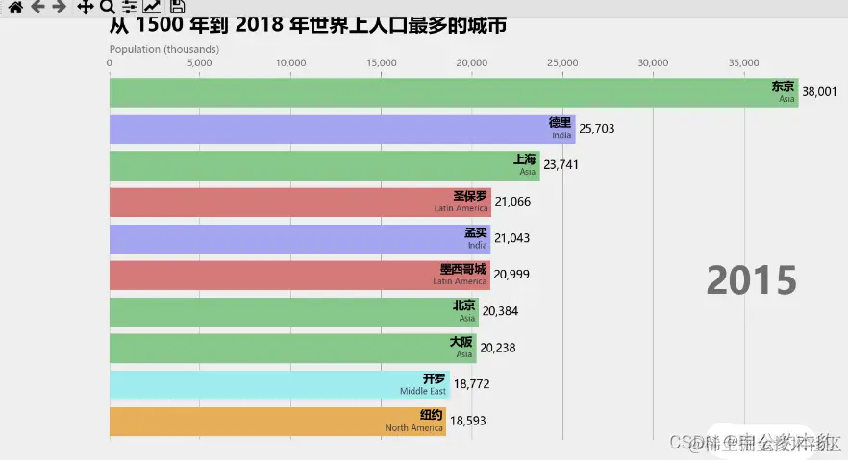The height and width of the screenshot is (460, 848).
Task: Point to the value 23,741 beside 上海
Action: click(x=561, y=165)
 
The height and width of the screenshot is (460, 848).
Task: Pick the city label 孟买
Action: click(x=476, y=233)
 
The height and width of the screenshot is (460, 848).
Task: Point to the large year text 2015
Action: click(x=751, y=280)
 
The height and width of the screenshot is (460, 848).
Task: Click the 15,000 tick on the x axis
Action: click(x=382, y=63)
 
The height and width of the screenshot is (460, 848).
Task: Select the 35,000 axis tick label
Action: click(x=744, y=63)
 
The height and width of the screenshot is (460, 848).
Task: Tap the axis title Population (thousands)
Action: click(x=163, y=49)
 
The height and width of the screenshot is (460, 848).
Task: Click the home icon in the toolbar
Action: click(x=15, y=7)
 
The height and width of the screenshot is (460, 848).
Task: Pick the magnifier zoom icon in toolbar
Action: click(x=107, y=7)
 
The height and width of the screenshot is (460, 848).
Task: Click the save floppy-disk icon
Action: click(x=177, y=7)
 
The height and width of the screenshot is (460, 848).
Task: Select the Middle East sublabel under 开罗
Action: click(x=423, y=392)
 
